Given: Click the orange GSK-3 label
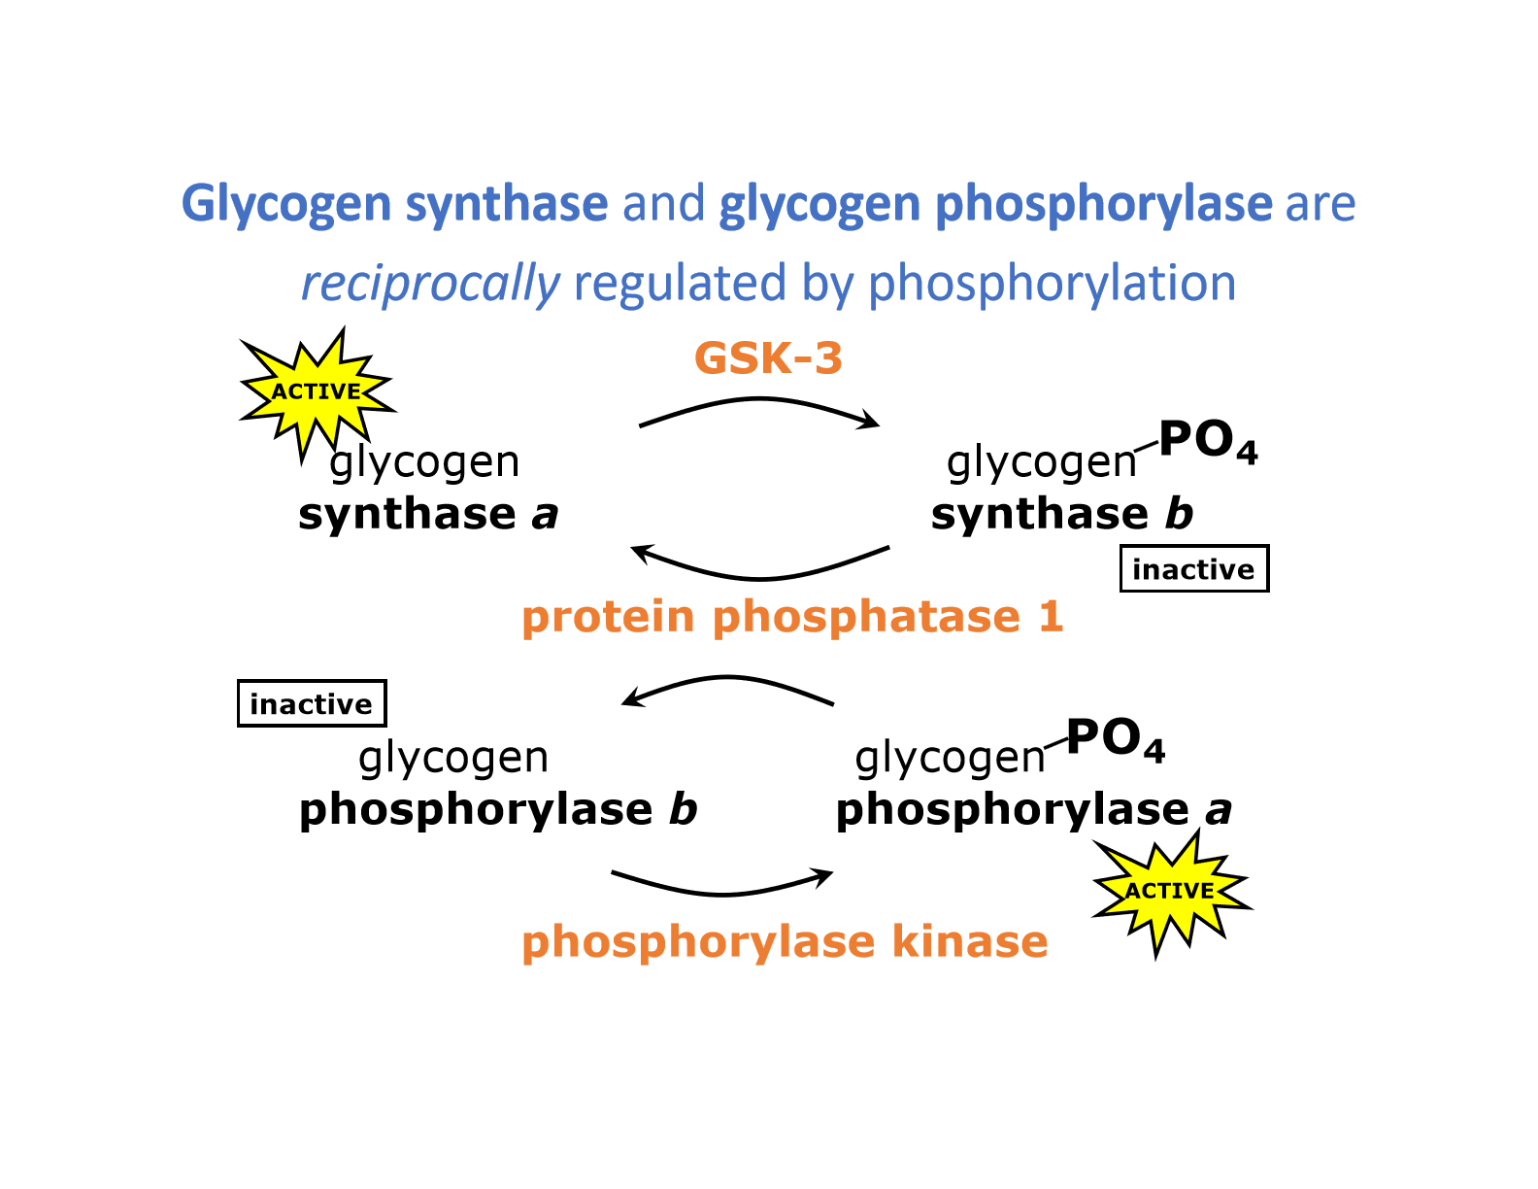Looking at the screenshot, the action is (768, 359).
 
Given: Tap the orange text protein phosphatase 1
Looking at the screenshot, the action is (792, 618).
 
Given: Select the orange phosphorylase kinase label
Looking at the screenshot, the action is (785, 942).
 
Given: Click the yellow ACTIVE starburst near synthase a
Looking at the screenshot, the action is (316, 391).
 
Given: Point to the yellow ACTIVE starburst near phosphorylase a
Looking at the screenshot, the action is (1170, 891).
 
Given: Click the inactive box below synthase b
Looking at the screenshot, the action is (1193, 569).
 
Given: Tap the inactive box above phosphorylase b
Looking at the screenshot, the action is (312, 704).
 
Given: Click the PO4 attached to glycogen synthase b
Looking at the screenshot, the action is (1208, 442).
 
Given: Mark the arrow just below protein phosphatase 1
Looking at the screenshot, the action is (728, 685).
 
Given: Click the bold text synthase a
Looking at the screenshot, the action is (428, 514).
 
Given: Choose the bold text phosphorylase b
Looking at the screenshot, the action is (498, 810).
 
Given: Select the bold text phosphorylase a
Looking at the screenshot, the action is (1034, 810).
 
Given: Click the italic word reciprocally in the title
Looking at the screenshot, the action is (430, 284).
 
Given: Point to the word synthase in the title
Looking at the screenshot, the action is (506, 204).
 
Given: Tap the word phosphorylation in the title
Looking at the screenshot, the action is (1052, 284).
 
